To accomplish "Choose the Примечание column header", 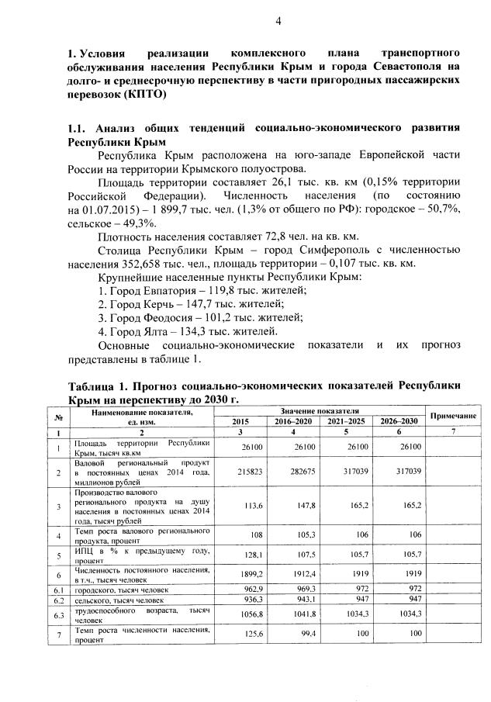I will tap(451, 416).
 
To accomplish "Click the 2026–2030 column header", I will tap(398, 420).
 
